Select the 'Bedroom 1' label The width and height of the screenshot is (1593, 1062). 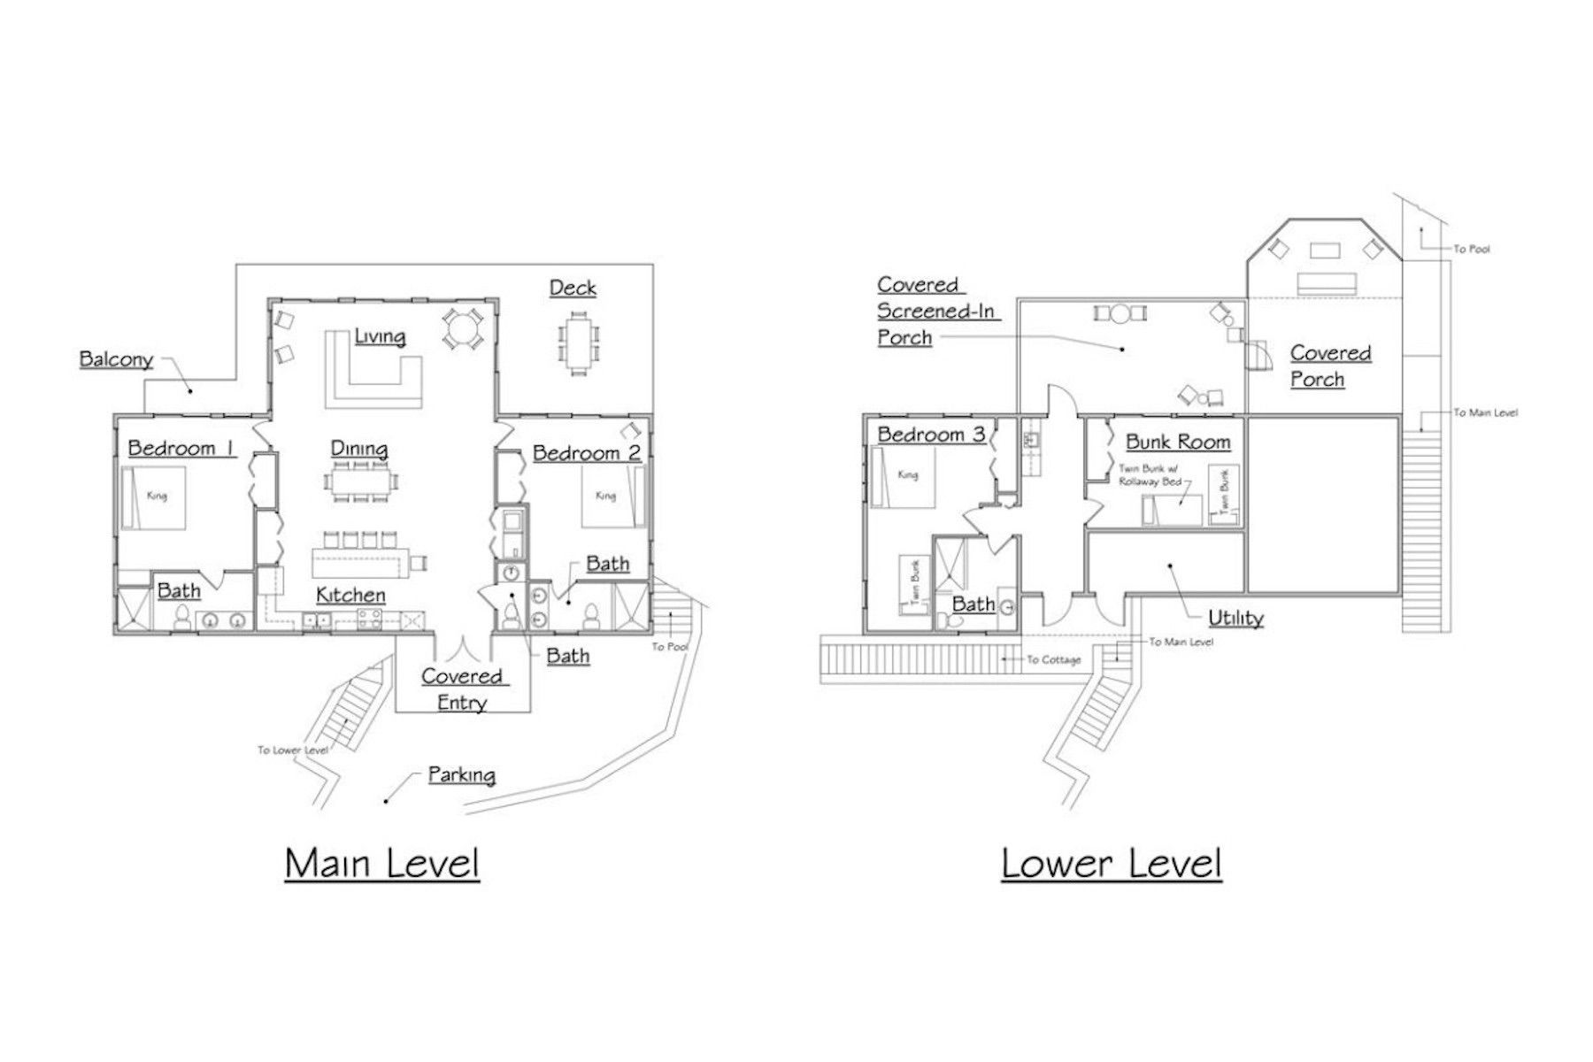click(181, 448)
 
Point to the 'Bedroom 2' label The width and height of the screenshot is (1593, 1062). click(587, 453)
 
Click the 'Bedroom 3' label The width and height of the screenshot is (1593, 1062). click(931, 435)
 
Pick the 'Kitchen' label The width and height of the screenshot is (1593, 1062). click(350, 595)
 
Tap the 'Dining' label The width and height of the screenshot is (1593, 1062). click(359, 450)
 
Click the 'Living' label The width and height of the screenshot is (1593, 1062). click(380, 336)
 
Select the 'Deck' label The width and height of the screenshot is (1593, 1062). click(573, 288)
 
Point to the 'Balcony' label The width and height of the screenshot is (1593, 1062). click(116, 359)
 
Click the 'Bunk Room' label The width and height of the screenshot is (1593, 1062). click(1178, 442)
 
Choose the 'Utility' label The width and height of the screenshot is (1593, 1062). click(1235, 618)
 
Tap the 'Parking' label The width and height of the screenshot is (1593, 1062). click(461, 775)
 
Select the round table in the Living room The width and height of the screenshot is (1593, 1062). click(463, 328)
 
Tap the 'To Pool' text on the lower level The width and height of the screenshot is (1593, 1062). click(1472, 250)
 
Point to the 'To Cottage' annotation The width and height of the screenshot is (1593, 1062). click(1054, 659)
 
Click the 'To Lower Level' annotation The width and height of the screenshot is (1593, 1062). click(293, 750)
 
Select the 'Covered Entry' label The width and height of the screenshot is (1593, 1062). click(461, 689)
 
